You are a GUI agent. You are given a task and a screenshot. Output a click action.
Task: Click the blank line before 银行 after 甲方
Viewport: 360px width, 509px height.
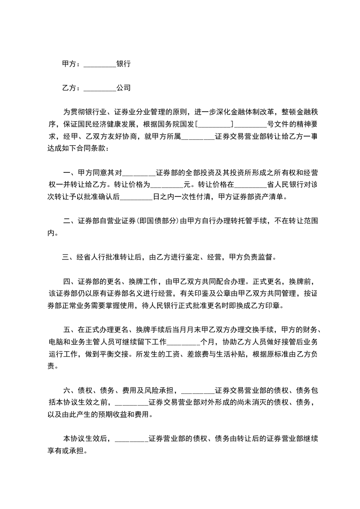100,65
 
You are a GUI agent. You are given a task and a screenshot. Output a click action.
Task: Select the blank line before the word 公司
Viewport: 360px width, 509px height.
100,88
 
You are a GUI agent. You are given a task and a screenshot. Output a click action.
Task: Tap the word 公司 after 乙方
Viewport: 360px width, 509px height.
123,88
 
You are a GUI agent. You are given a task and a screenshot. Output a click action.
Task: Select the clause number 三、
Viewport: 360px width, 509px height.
69,257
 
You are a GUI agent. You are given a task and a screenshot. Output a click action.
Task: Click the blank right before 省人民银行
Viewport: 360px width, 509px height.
251,185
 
